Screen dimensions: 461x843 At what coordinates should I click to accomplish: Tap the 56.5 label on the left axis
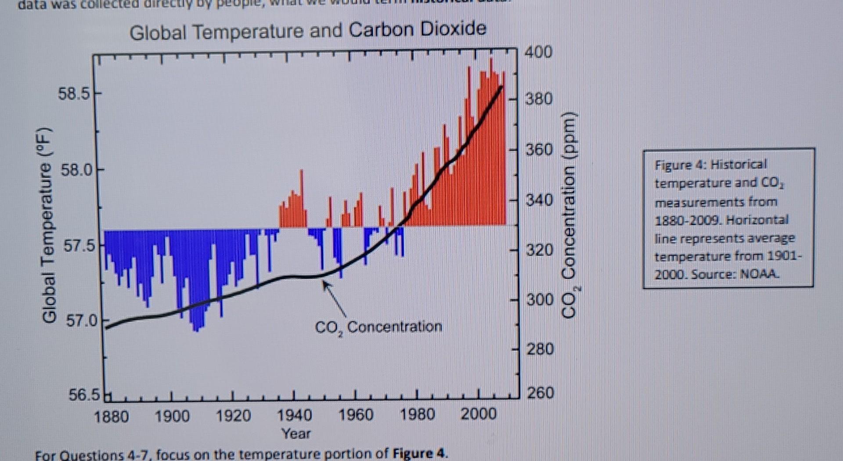(84, 395)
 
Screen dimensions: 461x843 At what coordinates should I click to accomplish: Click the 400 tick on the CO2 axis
(538, 52)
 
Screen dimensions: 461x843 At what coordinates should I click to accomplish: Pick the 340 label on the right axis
(539, 200)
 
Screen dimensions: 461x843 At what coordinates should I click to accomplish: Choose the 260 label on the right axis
(540, 392)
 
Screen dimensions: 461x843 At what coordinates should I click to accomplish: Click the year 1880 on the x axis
(111, 416)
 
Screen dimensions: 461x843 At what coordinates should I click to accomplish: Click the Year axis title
(296, 434)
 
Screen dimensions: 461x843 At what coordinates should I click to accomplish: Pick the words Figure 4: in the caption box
(679, 165)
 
